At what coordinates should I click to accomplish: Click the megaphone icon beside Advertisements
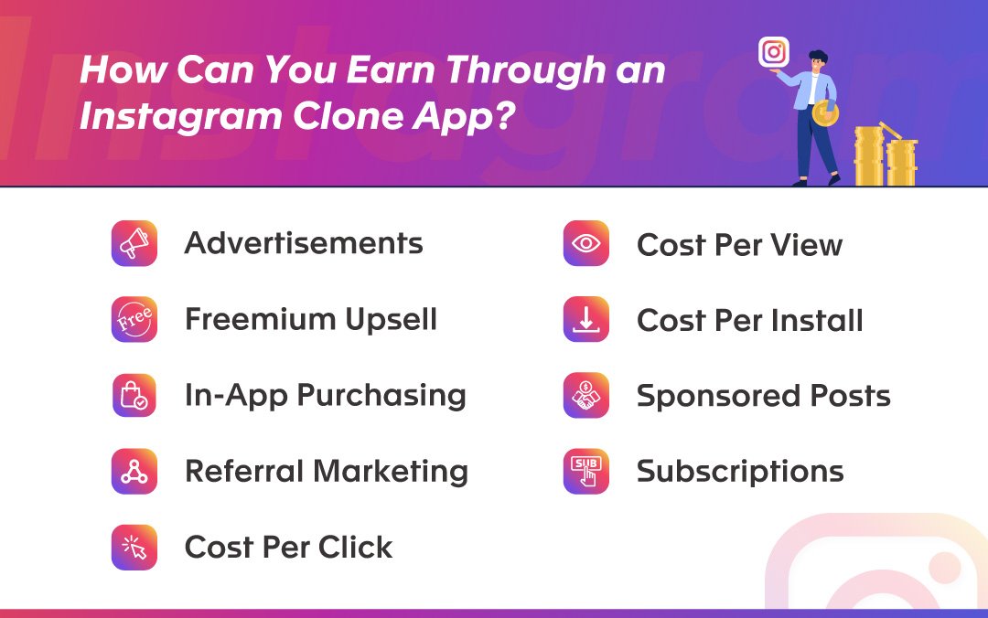pyautogui.click(x=134, y=243)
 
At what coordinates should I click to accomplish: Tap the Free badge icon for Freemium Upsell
pyautogui.click(x=134, y=319)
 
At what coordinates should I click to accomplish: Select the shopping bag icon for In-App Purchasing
pyautogui.click(x=134, y=395)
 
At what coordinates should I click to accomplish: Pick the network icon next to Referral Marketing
pyautogui.click(x=134, y=471)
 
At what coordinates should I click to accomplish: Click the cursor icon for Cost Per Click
pyautogui.click(x=134, y=547)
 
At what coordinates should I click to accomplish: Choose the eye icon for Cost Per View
pyautogui.click(x=586, y=243)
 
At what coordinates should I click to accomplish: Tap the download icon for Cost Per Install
pyautogui.click(x=586, y=319)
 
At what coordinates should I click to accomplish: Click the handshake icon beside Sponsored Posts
pyautogui.click(x=586, y=395)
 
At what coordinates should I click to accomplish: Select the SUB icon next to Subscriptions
pyautogui.click(x=586, y=471)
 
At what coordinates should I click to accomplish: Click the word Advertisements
pyautogui.click(x=304, y=243)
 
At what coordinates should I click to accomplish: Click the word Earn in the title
pyautogui.click(x=392, y=69)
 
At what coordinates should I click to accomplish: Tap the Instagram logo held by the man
pyautogui.click(x=774, y=52)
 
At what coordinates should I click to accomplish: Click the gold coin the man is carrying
pyautogui.click(x=825, y=112)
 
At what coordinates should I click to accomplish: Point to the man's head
pyautogui.click(x=817, y=61)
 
